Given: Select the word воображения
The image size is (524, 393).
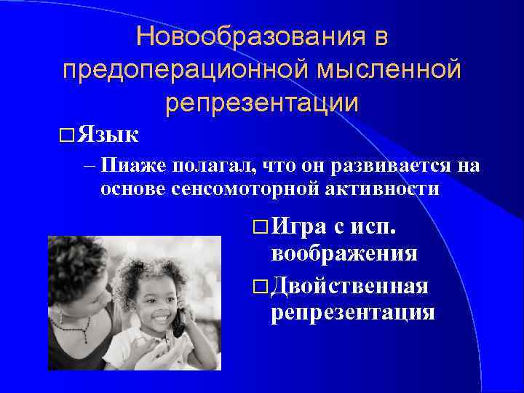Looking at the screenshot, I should point(344,253).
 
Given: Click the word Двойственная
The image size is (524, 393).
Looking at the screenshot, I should point(349,286).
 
